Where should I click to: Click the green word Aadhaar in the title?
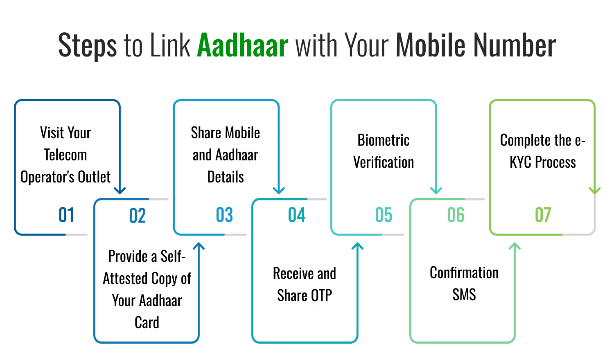[x=243, y=45]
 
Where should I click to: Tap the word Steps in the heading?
[x=87, y=46]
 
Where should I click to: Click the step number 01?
[x=66, y=215]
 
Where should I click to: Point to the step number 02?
[x=138, y=216]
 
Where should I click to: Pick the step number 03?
[x=224, y=215]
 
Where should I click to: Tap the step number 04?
[x=297, y=215]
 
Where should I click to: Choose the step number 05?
[x=384, y=215]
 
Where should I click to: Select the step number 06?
[x=456, y=215]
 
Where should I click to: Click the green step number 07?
[x=543, y=215]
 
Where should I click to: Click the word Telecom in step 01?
[x=65, y=155]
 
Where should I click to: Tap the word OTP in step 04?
[x=321, y=295]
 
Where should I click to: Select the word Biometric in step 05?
[x=384, y=140]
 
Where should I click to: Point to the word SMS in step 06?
[x=464, y=295]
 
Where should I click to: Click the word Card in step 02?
[x=147, y=322]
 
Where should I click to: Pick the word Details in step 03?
[x=226, y=177]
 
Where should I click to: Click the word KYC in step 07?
[x=520, y=162]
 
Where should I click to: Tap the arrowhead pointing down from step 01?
[x=120, y=190]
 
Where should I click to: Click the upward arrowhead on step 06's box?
[x=515, y=246]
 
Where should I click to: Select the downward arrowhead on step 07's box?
[x=594, y=190]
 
